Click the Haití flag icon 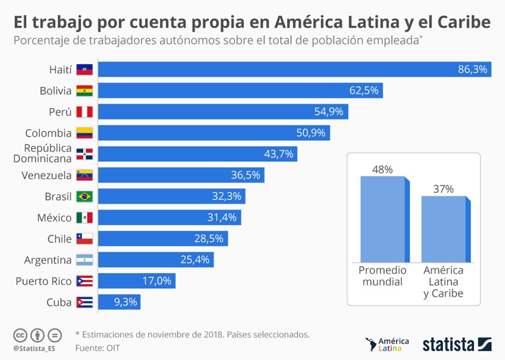pyautogui.click(x=84, y=69)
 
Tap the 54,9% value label pyautogui.click(x=329, y=111)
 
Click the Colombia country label pyautogui.click(x=48, y=133)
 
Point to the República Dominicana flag pyautogui.click(x=84, y=154)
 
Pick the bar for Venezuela pyautogui.click(x=181, y=175)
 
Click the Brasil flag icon pyautogui.click(x=84, y=196)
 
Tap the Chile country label pyautogui.click(x=60, y=239)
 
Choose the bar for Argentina pyautogui.click(x=156, y=260)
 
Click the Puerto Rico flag pyautogui.click(x=84, y=281)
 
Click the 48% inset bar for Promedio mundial pyautogui.click(x=383, y=219)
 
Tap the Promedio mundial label pyautogui.click(x=382, y=276)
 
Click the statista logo pyautogui.click(x=457, y=344)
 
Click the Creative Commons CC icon pyautogui.click(x=21, y=335)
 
